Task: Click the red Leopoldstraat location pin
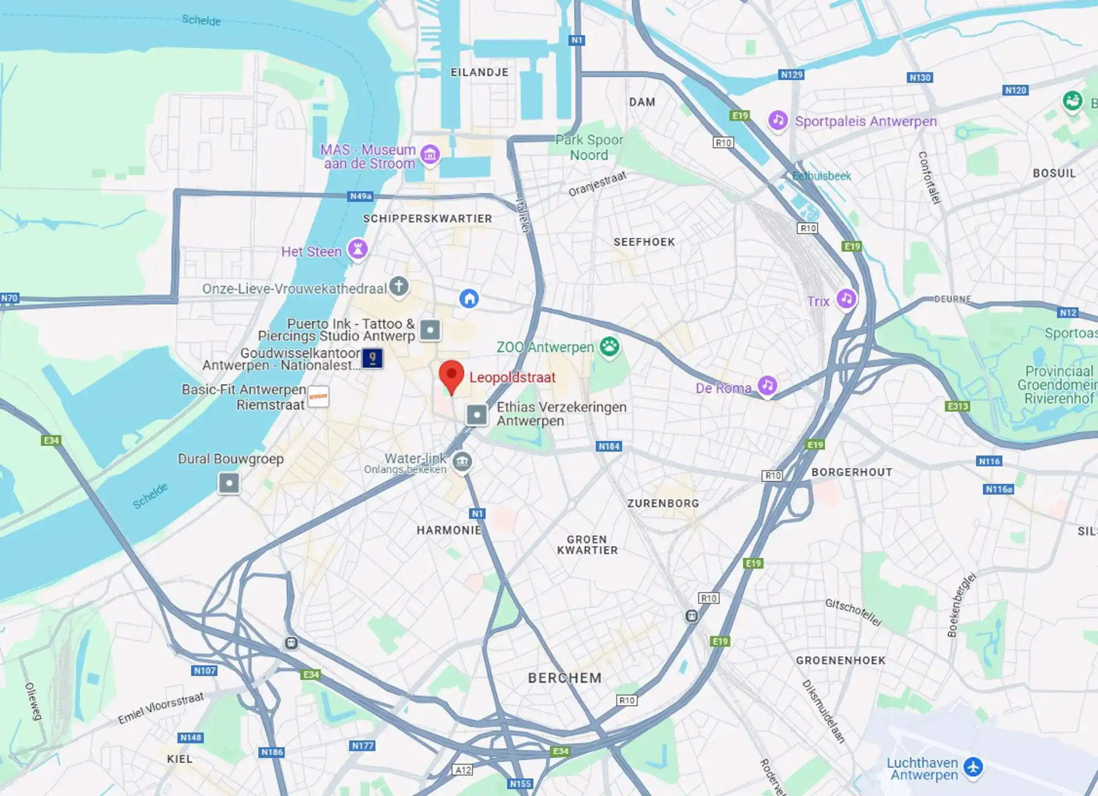pyautogui.click(x=451, y=374)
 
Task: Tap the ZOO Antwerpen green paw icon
pyautogui.click(x=610, y=347)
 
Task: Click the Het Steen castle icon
pyautogui.click(x=358, y=249)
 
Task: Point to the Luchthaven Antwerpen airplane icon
pyautogui.click(x=973, y=767)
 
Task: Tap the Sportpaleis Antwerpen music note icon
pyautogui.click(x=778, y=119)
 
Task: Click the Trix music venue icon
pyautogui.click(x=846, y=298)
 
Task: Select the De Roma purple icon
pyautogui.click(x=767, y=385)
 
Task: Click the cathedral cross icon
pyautogui.click(x=399, y=286)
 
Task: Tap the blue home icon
pyautogui.click(x=469, y=298)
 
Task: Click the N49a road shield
pyautogui.click(x=361, y=196)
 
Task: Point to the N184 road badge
pyautogui.click(x=609, y=446)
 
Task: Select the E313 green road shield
pyautogui.click(x=958, y=406)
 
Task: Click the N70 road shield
pyautogui.click(x=9, y=298)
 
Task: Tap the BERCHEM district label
pyautogui.click(x=564, y=678)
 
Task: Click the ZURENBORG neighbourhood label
pyautogui.click(x=663, y=503)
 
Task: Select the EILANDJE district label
pyautogui.click(x=479, y=72)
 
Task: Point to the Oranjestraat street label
pyautogui.click(x=597, y=184)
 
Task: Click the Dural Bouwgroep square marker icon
pyautogui.click(x=229, y=483)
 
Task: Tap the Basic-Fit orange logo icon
pyautogui.click(x=318, y=396)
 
